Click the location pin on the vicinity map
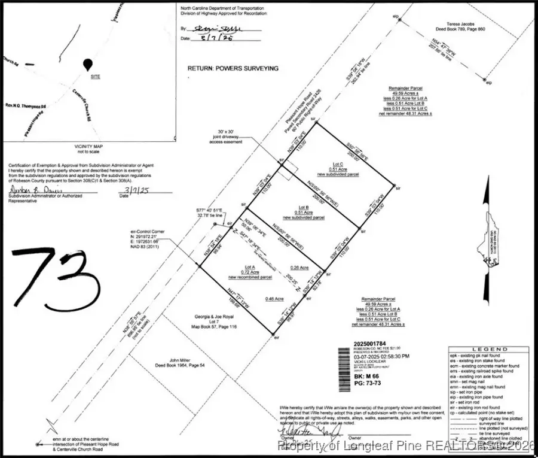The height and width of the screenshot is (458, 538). pyautogui.click(x=88, y=64)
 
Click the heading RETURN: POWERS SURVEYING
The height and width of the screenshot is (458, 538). pyautogui.click(x=233, y=69)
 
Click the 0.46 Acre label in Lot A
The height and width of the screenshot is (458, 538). pyautogui.click(x=274, y=298)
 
